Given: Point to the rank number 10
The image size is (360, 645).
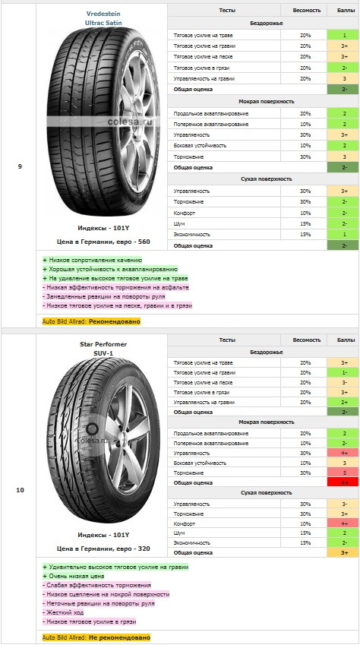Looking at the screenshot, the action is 20,490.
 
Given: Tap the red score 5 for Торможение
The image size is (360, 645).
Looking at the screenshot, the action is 344,473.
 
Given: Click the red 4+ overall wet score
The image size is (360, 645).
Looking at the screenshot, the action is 344,482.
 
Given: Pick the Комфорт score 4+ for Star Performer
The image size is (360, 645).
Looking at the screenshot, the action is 344,523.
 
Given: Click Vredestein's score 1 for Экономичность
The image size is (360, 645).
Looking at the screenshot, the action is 344,235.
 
